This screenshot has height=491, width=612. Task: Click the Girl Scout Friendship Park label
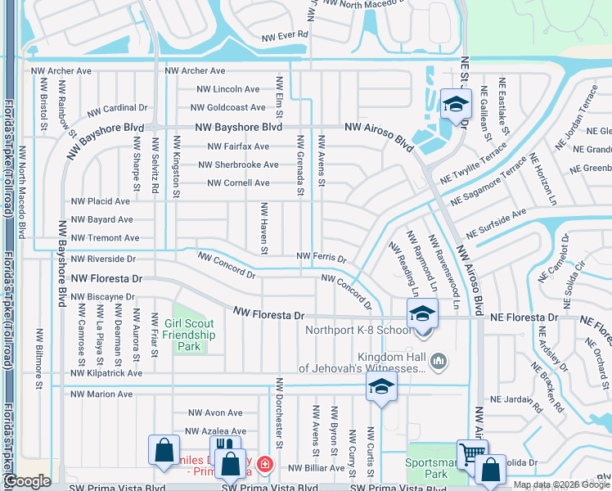189,335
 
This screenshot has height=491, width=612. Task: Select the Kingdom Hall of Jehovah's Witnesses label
361,363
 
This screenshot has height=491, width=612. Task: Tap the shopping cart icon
472,454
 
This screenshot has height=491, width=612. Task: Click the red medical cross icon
263,466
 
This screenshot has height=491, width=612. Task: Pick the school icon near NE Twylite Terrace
452,104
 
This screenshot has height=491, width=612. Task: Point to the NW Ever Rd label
284,36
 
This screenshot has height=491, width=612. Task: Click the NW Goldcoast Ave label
227,107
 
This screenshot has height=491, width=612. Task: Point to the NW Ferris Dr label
321,257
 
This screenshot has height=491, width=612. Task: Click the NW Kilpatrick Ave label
106,373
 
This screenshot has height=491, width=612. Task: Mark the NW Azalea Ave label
216,431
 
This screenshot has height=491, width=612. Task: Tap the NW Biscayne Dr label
102,297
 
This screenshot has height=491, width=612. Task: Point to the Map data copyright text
560,484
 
